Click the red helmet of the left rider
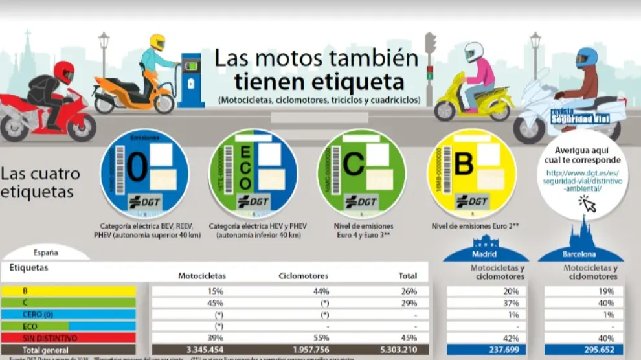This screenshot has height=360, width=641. click(63, 72)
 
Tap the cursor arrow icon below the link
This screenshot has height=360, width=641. click(587, 204)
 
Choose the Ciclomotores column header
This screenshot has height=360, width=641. click(304, 276)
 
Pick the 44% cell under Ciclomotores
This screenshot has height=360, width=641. click(304, 291)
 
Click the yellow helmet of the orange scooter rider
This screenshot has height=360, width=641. click(157, 42)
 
